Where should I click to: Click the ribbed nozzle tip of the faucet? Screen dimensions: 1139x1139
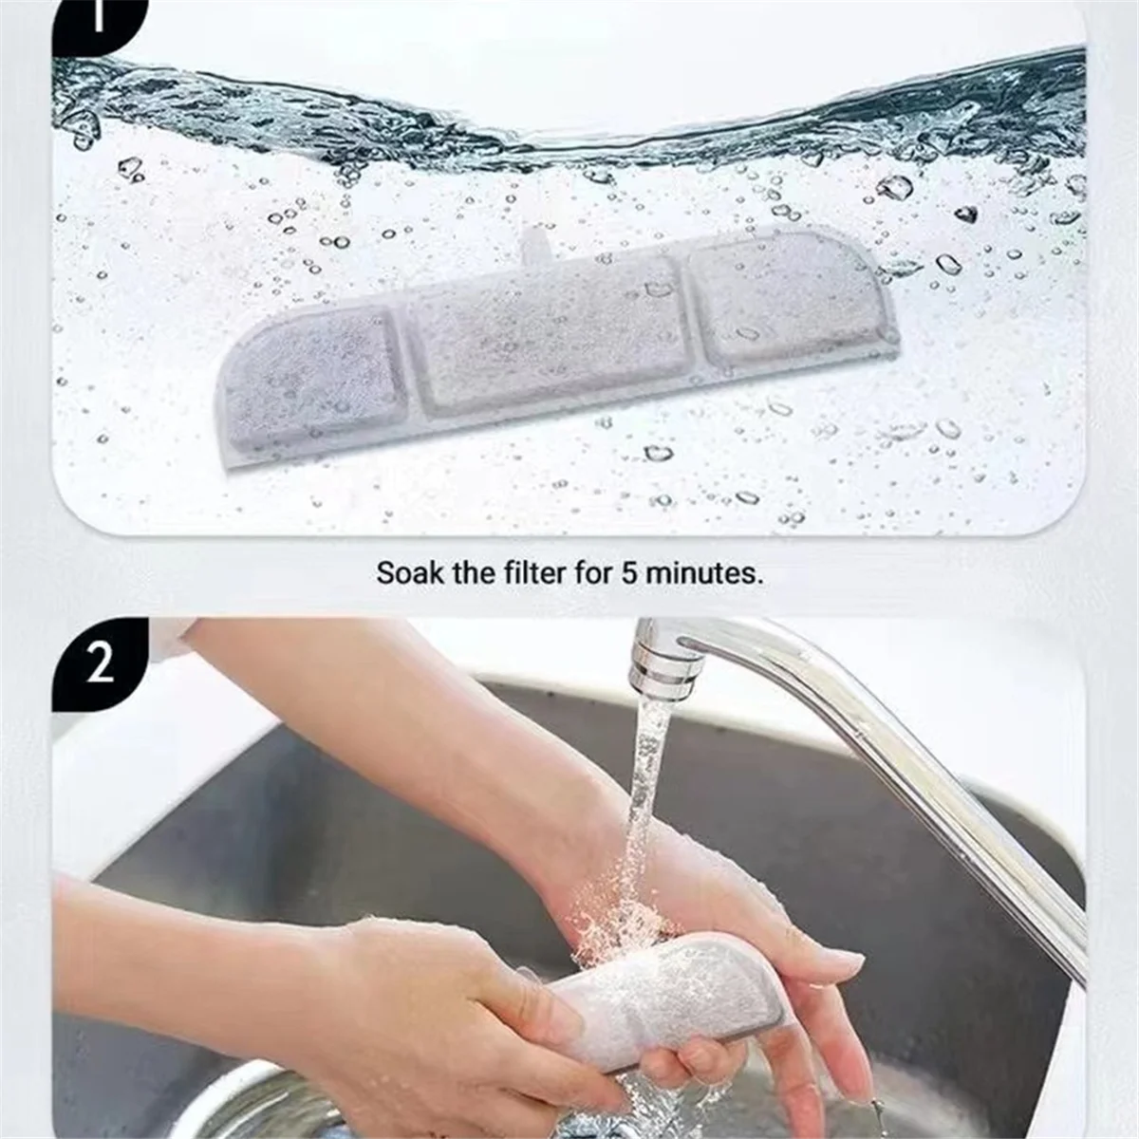click(x=666, y=668)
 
